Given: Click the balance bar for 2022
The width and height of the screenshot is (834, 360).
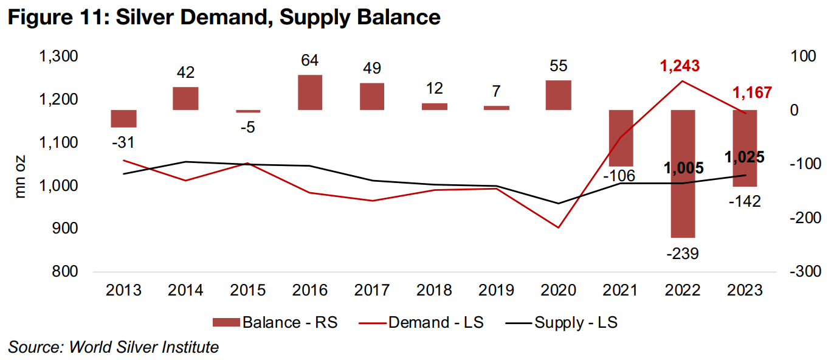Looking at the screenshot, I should coord(683,173).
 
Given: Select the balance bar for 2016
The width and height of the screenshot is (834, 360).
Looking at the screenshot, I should coord(310,92).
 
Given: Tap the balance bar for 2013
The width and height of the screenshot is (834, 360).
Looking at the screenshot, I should coord(123,119).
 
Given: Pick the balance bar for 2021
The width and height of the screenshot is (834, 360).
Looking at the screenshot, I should coord(621,138).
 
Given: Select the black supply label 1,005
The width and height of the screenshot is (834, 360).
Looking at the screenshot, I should coord(683,168).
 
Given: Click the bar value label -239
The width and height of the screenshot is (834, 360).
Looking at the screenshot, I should coord(683,253).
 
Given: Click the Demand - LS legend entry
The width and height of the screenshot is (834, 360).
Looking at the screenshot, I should coord(435,322).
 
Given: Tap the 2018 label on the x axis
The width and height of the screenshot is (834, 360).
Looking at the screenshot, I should coord(434,290).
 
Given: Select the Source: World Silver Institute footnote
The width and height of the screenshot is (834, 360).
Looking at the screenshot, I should coord(113,348).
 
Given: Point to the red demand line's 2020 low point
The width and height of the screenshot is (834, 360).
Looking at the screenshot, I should coord(558,227).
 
